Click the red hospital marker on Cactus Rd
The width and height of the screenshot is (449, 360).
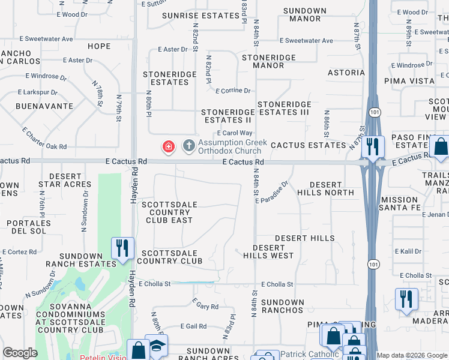pos(169,146)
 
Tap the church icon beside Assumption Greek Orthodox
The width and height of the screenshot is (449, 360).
pos(188,146)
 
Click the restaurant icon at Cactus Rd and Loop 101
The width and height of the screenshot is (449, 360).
pos(373,147)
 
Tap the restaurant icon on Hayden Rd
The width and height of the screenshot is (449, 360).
pos(122,248)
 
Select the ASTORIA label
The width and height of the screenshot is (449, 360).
pos(346,73)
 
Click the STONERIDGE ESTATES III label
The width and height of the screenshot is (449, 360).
pos(283,108)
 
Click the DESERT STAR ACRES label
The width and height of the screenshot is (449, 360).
pos(65,180)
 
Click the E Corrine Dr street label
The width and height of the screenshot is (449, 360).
pos(233,91)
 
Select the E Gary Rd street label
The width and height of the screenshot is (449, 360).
pos(205,306)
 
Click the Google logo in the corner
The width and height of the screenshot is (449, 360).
pos(20,353)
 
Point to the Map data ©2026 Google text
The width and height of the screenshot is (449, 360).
pos(411,355)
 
